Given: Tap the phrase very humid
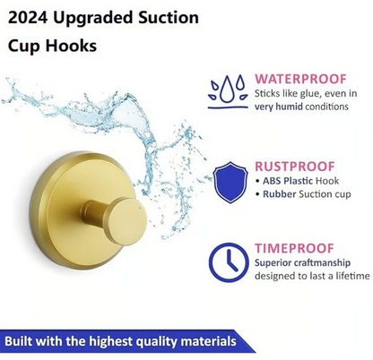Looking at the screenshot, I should (x=279, y=107).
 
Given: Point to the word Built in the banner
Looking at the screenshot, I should (x=21, y=342).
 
